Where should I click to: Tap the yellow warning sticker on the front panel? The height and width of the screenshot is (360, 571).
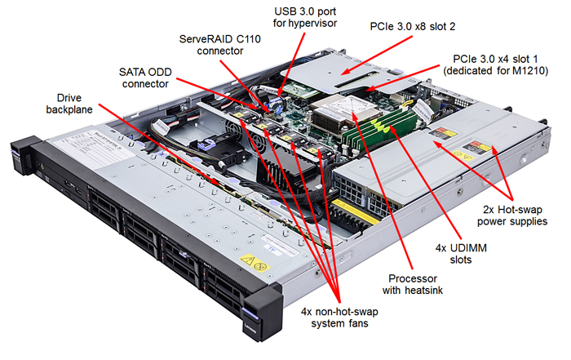[x=258, y=264]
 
